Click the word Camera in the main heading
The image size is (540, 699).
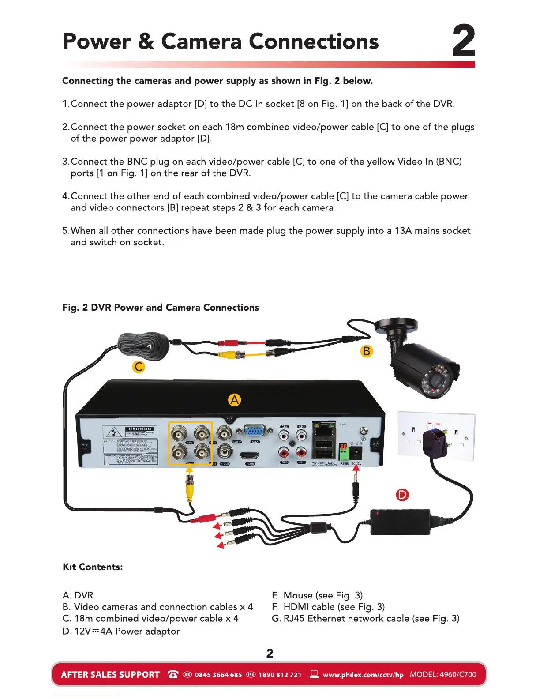201,42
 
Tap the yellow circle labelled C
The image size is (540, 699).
139,367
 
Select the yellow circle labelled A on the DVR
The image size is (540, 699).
234,400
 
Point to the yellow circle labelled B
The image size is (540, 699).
367,351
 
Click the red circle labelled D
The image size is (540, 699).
402,495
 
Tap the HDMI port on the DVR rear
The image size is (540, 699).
249,456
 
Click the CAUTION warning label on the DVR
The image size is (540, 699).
140,429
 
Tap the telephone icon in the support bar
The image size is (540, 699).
173,674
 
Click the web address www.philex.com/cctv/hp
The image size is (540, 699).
363,675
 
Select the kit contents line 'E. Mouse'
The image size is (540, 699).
317,595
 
